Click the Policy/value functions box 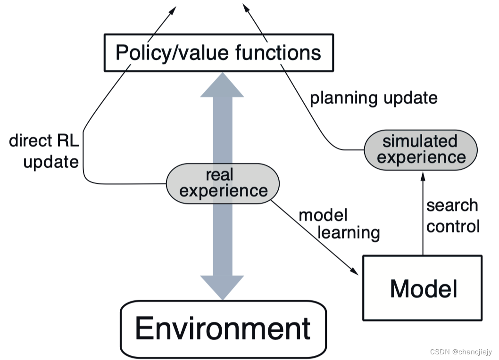pos(218,52)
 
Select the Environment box pos(223,328)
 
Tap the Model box pos(423,288)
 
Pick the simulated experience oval pos(420,149)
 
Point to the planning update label pos(373,98)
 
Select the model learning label pos(339,224)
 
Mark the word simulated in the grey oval pos(420,141)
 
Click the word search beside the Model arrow pos(452,205)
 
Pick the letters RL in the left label pos(67,140)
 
